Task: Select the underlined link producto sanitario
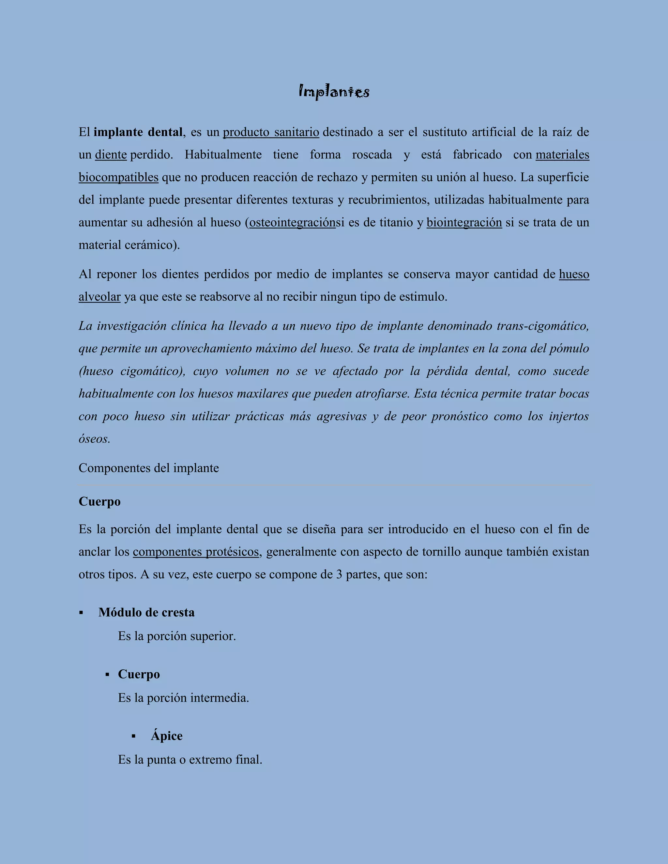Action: [x=271, y=132]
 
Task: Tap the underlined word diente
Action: [x=111, y=155]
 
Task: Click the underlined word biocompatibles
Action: [x=118, y=177]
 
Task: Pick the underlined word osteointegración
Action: [x=293, y=222]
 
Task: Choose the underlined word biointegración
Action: [x=464, y=222]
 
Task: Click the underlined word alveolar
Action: [x=99, y=296]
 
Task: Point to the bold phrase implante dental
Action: [x=138, y=132]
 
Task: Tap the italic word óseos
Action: [x=94, y=439]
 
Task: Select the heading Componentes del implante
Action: [x=148, y=468]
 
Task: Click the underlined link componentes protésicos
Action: [x=196, y=551]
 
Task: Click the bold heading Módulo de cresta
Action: [x=146, y=612]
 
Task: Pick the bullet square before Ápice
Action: [x=133, y=736]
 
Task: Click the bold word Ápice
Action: [x=167, y=736]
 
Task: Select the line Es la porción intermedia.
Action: [x=183, y=698]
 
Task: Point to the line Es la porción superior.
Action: [x=177, y=636]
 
